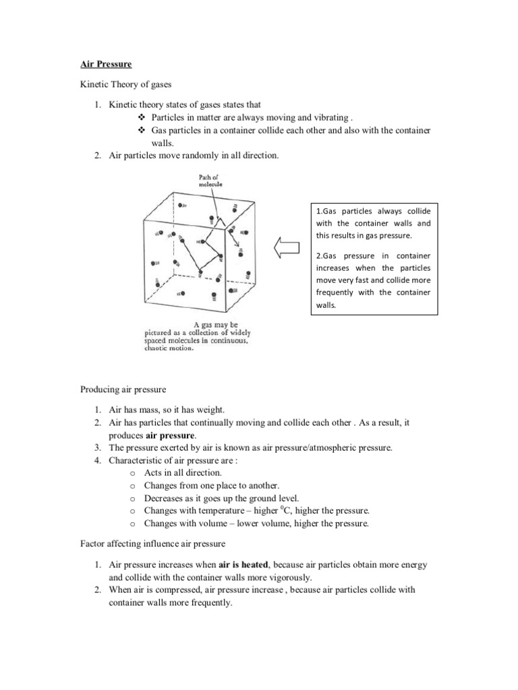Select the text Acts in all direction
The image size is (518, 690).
181,473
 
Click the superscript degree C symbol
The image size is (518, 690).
322,511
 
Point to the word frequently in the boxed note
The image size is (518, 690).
337,292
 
